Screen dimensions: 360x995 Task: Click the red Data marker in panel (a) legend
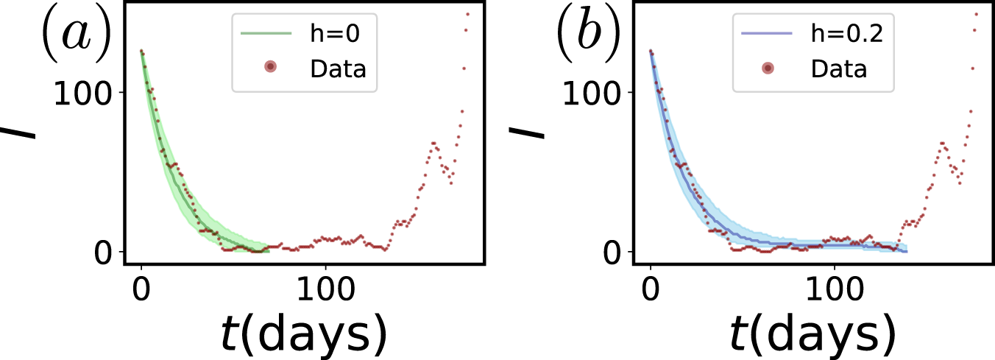pyautogui.click(x=270, y=67)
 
